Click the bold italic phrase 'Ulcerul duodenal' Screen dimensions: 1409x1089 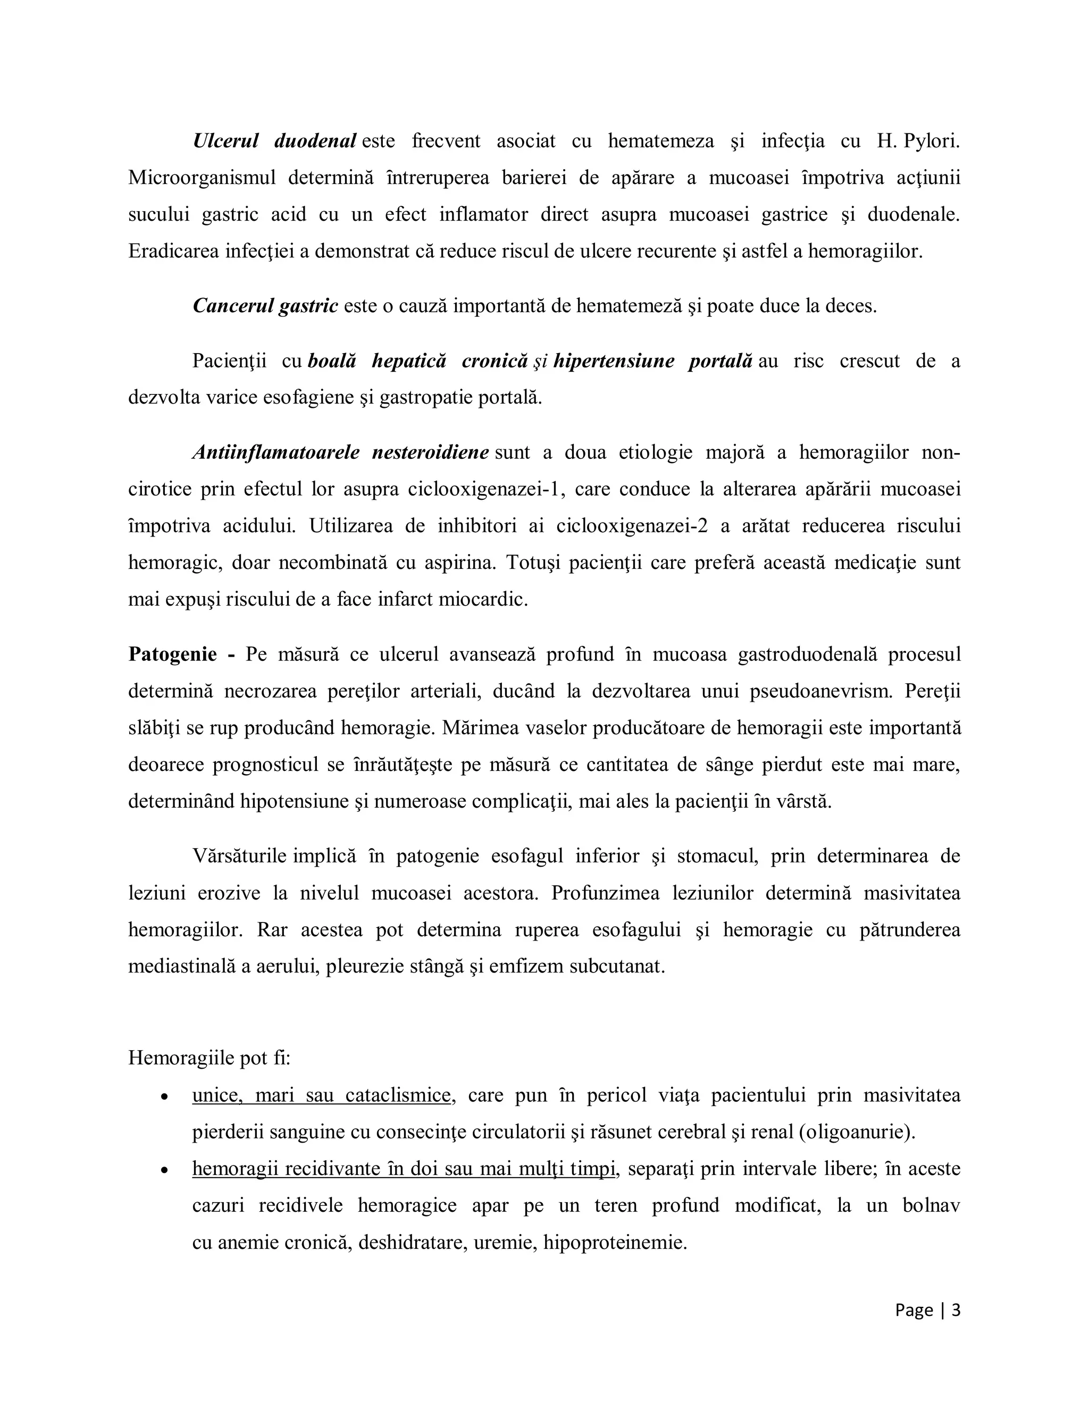(x=275, y=141)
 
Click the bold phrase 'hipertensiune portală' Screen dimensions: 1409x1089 (x=652, y=360)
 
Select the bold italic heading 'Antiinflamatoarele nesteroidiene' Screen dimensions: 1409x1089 (x=341, y=452)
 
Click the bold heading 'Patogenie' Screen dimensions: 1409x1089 (x=172, y=654)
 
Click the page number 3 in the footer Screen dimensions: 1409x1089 (x=956, y=1310)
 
